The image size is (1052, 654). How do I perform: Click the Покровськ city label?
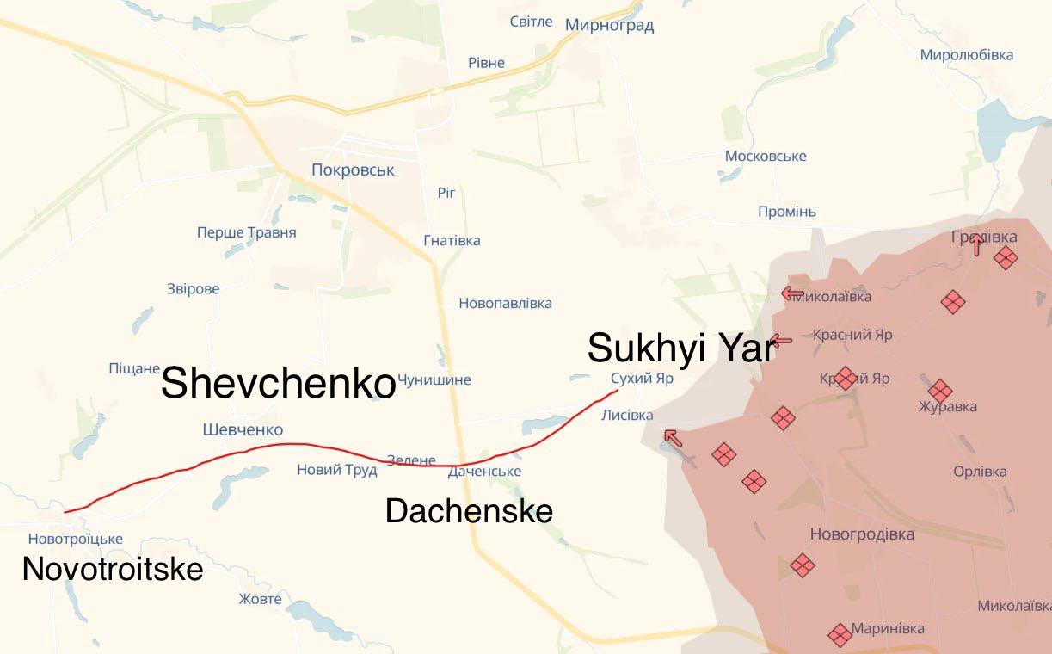(353, 170)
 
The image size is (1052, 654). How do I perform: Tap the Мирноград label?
(609, 25)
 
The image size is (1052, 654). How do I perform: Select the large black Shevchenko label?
(278, 383)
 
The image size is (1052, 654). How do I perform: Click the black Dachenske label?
(469, 511)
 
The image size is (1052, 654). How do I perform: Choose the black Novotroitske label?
(113, 569)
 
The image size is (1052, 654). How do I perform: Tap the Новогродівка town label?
(862, 534)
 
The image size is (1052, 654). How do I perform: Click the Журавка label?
(947, 407)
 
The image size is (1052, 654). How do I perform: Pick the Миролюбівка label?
(966, 55)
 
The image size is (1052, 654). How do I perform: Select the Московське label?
(766, 156)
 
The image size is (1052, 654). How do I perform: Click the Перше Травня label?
(246, 232)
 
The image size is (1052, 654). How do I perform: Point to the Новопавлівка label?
(505, 303)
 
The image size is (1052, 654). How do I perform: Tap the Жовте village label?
(260, 599)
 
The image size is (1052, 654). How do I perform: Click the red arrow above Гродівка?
(976, 245)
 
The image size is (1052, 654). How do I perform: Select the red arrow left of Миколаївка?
(792, 293)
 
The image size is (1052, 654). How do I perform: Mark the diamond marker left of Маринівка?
(840, 635)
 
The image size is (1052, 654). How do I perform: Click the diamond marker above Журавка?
(940, 391)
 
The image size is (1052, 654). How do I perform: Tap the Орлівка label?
(980, 472)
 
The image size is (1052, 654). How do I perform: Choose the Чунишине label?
(434, 379)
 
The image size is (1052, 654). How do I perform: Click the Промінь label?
(787, 212)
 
